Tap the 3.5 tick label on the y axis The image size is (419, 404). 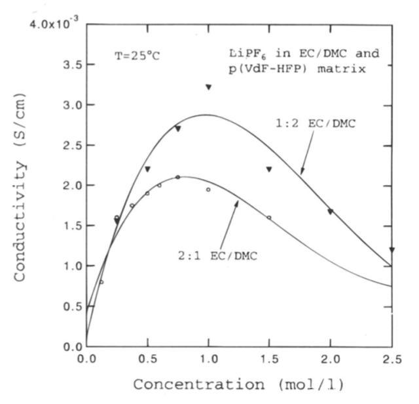(x=68, y=65)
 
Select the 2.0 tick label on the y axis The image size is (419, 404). (x=68, y=186)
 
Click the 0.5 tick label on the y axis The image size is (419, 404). (x=68, y=306)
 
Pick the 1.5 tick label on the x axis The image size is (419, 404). (x=269, y=359)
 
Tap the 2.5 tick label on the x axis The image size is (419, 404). (x=391, y=359)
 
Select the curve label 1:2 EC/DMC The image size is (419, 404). (x=319, y=123)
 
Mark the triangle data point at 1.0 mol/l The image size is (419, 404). (x=208, y=87)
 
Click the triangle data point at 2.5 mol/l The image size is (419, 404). (x=392, y=250)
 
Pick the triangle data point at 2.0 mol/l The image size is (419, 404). (x=330, y=212)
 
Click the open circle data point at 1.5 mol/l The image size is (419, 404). (x=269, y=218)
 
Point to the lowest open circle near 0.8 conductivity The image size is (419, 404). (x=101, y=282)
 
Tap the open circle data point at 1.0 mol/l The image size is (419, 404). (x=208, y=190)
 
